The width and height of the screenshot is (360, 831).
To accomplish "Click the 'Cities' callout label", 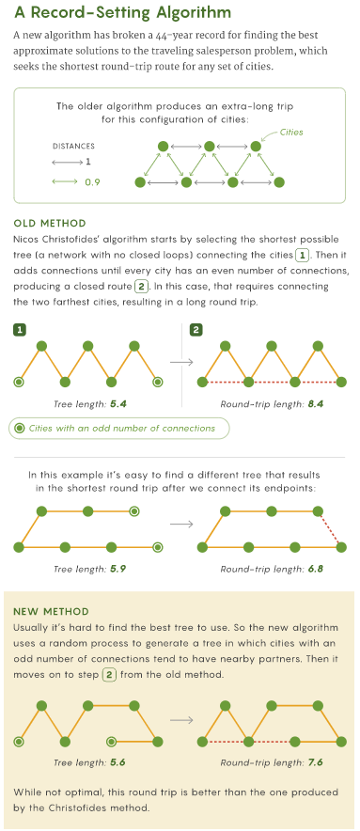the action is [x=291, y=132].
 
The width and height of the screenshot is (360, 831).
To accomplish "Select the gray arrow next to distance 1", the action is [x=68, y=163].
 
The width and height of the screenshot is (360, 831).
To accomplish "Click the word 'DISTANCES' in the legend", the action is [x=73, y=147].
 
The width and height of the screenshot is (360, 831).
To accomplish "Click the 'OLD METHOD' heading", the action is [x=49, y=223].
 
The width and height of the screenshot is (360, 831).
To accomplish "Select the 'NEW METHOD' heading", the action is [x=51, y=611].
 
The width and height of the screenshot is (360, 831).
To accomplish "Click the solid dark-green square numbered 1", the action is [x=19, y=330].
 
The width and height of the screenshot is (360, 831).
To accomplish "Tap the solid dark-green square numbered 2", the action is [x=196, y=330].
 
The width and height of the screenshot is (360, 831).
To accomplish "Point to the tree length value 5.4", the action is [x=118, y=404].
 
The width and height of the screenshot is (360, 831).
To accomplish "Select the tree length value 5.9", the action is [x=118, y=570].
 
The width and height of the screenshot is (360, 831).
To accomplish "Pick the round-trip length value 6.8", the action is [x=315, y=570].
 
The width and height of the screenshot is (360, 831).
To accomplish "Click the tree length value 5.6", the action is [x=118, y=763].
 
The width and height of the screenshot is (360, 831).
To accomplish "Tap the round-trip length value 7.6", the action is [x=315, y=763].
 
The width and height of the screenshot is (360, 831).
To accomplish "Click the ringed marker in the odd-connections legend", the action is [x=20, y=429].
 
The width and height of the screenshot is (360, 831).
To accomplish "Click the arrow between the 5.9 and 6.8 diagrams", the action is [x=181, y=524].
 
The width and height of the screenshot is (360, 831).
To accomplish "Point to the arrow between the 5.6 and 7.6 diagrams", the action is [x=181, y=720].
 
